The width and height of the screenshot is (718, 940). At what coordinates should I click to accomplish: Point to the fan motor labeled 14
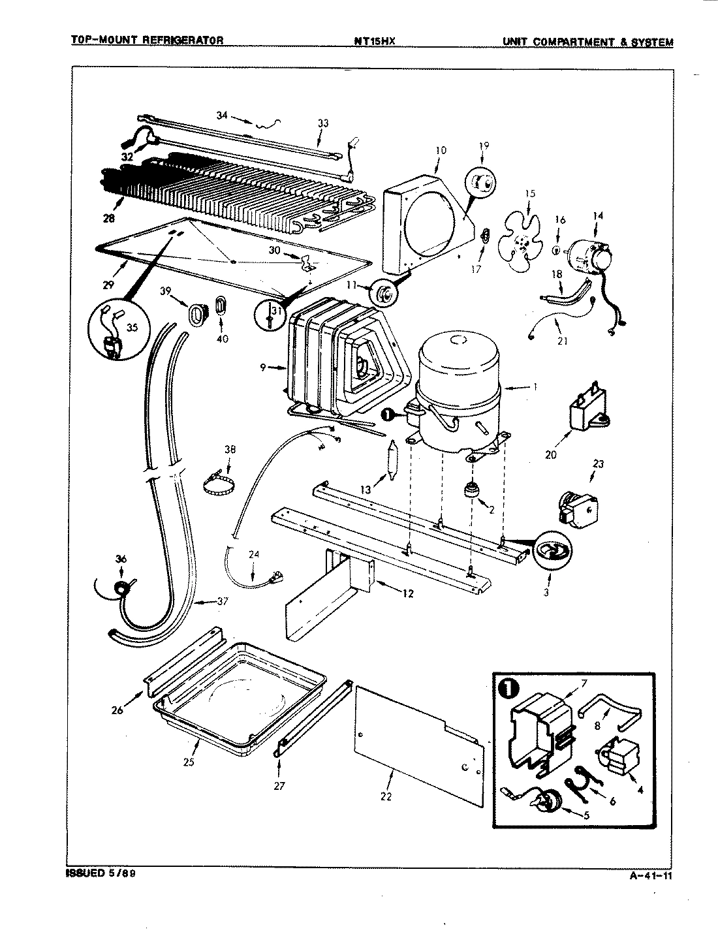(589, 254)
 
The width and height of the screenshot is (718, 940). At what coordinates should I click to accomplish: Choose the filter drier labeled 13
(392, 461)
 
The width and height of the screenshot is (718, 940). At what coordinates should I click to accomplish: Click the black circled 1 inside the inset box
(509, 690)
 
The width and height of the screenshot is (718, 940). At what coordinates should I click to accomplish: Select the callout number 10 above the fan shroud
(441, 150)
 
